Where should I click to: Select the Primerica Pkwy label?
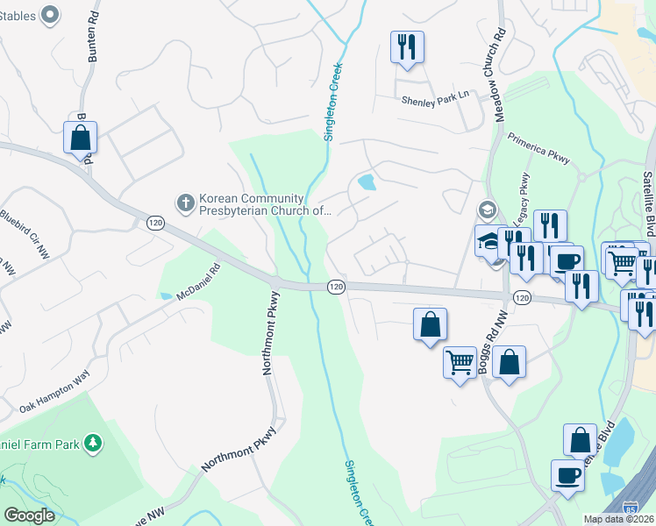(539, 147)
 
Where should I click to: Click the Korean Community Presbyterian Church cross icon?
(185, 203)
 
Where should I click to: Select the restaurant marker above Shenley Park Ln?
(407, 46)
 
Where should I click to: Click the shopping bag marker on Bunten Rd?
(80, 137)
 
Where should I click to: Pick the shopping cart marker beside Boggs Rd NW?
(460, 361)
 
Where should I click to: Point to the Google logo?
(29, 515)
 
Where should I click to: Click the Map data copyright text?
(617, 519)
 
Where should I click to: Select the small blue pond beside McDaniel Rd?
(167, 295)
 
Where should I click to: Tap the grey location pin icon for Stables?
(50, 13)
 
